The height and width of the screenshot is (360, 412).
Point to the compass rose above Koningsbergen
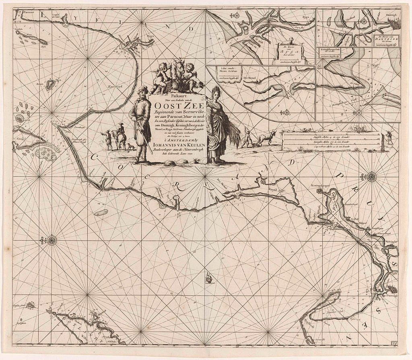(x=371, y=176)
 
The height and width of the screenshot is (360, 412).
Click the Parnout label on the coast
(x=28, y=13)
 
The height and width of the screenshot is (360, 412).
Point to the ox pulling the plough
(x=266, y=137)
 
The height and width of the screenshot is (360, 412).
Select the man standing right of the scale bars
(x=389, y=137)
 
